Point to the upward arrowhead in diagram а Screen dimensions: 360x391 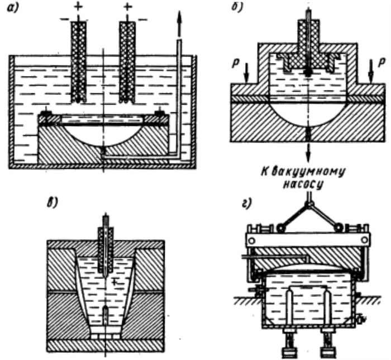click(179, 17)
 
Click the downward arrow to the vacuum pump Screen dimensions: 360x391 click(307, 154)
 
